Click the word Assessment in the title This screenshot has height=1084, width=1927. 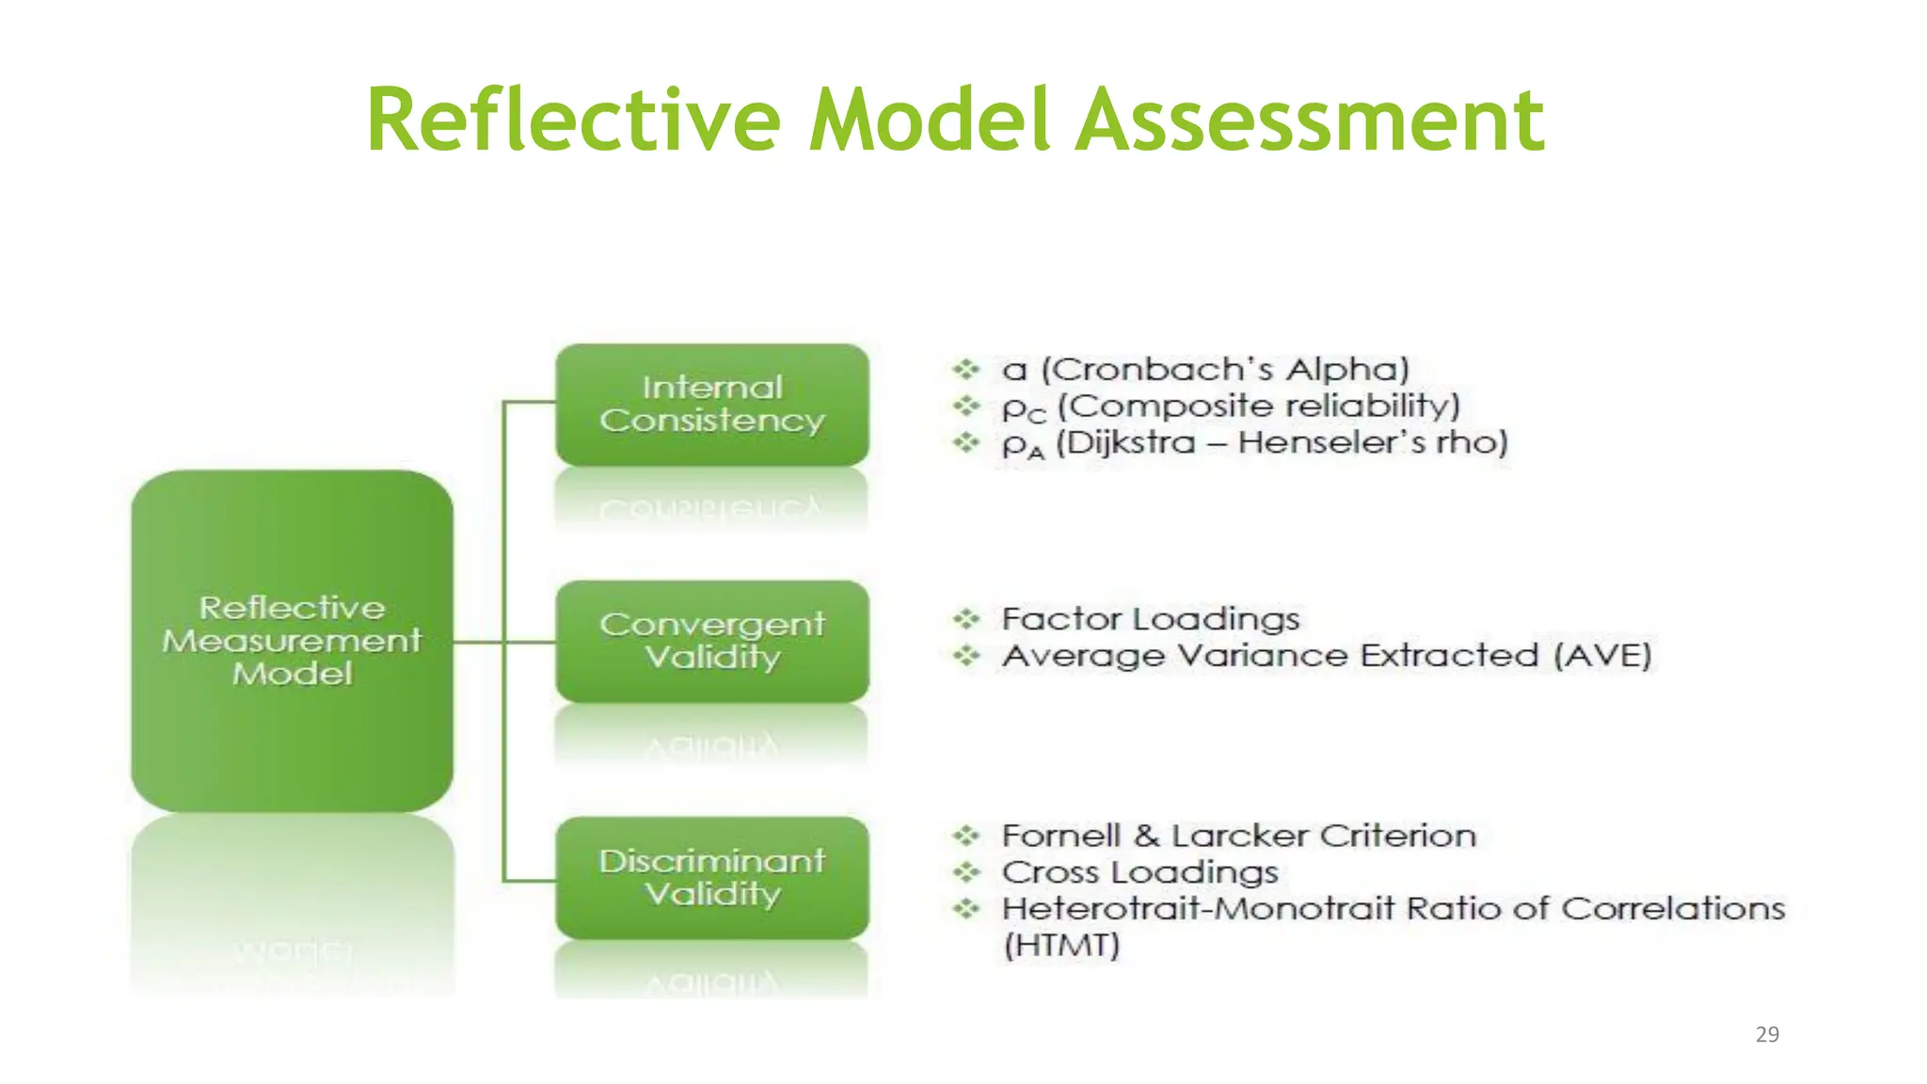pos(1310,120)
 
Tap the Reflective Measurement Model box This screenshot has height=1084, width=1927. pos(292,641)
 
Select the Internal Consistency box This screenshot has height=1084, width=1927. pos(712,405)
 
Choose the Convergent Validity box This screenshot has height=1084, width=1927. pos(712,641)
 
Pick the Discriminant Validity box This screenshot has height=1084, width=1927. pos(712,877)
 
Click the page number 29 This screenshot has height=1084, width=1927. pos(1767,1034)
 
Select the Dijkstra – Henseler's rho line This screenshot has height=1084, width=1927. pos(1255,442)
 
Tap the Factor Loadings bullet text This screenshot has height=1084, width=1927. pos(1151,619)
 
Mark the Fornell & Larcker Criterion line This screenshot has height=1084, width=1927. pos(1238,836)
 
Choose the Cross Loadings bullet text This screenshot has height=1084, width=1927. pos(1139,872)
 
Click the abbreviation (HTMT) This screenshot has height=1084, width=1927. pos(1061,945)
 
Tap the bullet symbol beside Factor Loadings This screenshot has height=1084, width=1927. pos(966,619)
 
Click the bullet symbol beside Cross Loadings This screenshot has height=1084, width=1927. pos(966,872)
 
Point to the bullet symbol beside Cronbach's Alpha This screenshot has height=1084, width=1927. pos(966,369)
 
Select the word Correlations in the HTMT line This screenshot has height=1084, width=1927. pos(1673,908)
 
